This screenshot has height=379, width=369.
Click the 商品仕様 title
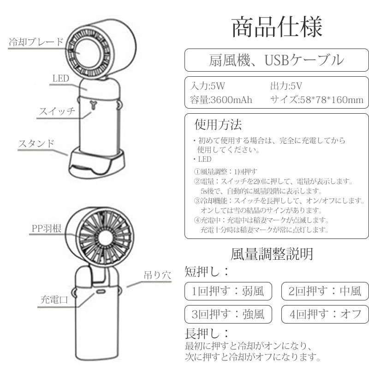pyautogui.click(x=277, y=27)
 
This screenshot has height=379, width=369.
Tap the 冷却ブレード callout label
pyautogui.click(x=36, y=42)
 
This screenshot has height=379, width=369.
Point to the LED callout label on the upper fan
pyautogui.click(x=61, y=79)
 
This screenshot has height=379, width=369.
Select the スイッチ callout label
pyautogui.click(x=57, y=111)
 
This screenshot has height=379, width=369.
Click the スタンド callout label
pyautogui.click(x=36, y=143)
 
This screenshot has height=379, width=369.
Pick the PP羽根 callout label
pyautogui.click(x=47, y=228)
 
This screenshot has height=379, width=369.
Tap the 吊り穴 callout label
pyautogui.click(x=157, y=275)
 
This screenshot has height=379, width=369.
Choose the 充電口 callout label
pyautogui.click(x=54, y=300)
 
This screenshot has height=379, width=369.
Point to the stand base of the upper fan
pyautogui.click(x=97, y=163)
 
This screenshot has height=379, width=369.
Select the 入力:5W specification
pyautogui.click(x=208, y=86)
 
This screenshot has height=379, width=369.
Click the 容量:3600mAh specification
pyautogui.click(x=221, y=99)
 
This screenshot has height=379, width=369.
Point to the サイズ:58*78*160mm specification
pyautogui.click(x=317, y=99)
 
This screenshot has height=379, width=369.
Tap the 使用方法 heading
pyautogui.click(x=218, y=124)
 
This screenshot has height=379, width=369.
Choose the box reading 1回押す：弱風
pyautogui.click(x=228, y=291)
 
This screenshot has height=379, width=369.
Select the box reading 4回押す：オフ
pyautogui.click(x=325, y=314)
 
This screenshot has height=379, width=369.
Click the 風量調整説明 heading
pyautogui.click(x=272, y=254)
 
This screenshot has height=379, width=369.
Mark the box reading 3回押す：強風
pyautogui.click(x=228, y=314)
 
